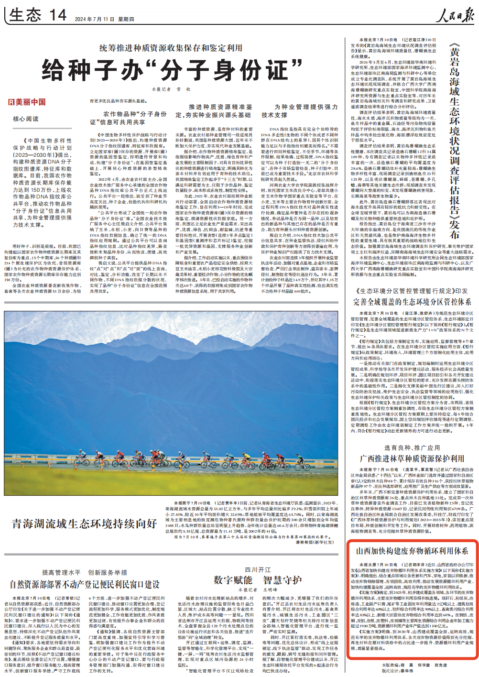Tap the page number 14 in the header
tap(58, 15)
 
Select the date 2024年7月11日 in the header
tap(95, 19)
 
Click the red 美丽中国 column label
tap(27, 102)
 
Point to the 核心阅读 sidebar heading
tap(26, 119)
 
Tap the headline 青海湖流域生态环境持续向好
tap(85, 524)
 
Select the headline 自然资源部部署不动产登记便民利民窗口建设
tap(85, 584)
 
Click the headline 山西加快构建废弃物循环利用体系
tap(412, 551)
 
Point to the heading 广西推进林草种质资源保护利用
tap(412, 458)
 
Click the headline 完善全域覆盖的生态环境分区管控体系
tap(412, 302)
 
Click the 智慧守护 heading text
tap(282, 580)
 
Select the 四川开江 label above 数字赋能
tap(258, 569)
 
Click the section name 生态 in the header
tap(25, 15)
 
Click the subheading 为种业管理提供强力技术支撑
tap(299, 111)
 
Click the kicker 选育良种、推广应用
tap(412, 448)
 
